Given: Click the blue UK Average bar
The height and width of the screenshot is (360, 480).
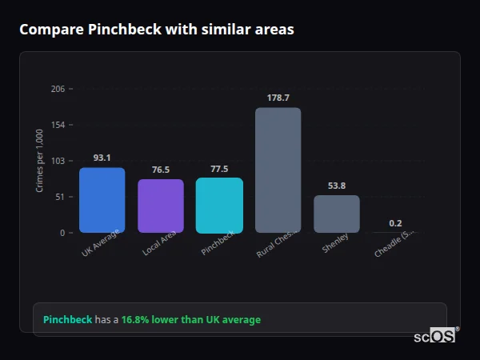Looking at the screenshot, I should (x=102, y=200).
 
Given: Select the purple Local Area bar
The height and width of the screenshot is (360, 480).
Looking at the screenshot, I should (x=161, y=206).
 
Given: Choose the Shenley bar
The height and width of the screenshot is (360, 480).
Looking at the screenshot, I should (x=337, y=214).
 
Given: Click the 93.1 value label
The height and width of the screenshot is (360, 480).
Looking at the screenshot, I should (x=102, y=158).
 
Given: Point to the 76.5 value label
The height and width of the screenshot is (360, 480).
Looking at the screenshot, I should (x=161, y=170).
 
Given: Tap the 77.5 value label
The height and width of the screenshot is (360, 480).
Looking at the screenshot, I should (x=219, y=169).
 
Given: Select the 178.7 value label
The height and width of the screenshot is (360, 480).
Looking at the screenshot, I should (x=278, y=98).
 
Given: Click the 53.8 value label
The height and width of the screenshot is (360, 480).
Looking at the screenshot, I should (x=337, y=186).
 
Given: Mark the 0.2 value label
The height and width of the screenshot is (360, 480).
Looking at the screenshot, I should (x=395, y=223).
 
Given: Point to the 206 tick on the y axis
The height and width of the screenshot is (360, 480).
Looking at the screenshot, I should (x=58, y=89).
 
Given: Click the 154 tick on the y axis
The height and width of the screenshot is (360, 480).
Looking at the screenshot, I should (x=58, y=125).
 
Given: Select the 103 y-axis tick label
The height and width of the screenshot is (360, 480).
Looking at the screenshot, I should (x=58, y=161).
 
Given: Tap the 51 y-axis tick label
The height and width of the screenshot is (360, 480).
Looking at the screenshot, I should (x=60, y=197).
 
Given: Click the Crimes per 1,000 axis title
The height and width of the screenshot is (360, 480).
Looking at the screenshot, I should (x=40, y=161).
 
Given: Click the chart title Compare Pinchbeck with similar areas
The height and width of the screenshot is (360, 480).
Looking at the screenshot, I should (x=157, y=30).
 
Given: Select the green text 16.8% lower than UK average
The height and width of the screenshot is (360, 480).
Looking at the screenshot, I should (x=190, y=320).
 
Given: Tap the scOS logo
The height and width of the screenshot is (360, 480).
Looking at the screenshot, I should (x=434, y=336).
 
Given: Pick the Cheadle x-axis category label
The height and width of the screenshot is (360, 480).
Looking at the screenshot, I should (x=394, y=245).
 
